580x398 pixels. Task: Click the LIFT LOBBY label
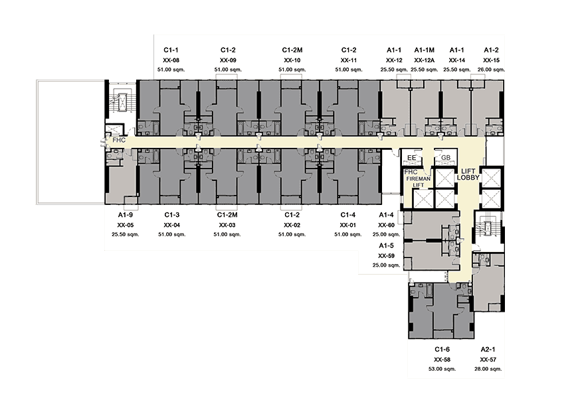coord(468,174)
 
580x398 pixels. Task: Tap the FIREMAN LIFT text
coord(419,182)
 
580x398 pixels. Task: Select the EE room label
coord(412,158)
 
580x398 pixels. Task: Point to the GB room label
coord(446,158)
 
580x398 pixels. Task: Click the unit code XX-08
coord(171,60)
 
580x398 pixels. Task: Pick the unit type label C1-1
coord(171,50)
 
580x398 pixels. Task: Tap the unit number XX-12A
coord(425,60)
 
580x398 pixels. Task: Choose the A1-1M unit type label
coord(425,50)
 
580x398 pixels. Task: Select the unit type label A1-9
coord(126,215)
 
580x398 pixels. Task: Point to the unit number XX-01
coord(348,226)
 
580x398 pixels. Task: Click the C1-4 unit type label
coord(348,215)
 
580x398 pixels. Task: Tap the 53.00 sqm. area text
coord(442,369)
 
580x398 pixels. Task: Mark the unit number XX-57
coord(488,360)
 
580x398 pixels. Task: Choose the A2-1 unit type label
coord(488,350)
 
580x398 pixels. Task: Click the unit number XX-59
coord(386,256)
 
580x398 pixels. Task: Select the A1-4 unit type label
coord(386,215)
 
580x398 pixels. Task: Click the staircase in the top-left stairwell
coord(122,99)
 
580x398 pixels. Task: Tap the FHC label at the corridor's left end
coord(119,141)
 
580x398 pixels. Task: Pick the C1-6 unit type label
coord(442,350)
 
